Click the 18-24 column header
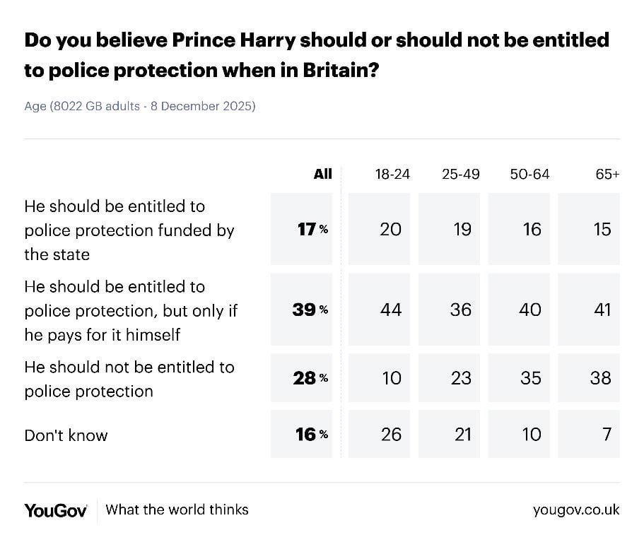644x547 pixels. tap(392, 174)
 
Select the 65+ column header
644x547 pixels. tap(607, 174)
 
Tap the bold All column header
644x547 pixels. tap(322, 174)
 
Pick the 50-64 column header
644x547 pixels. tap(529, 174)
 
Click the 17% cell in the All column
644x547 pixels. tap(311, 229)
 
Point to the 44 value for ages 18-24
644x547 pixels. tap(391, 310)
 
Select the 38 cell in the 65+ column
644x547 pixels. tap(601, 378)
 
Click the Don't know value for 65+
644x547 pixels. tap(607, 434)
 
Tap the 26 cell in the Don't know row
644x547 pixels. tap(391, 434)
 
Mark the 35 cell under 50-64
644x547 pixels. tap(531, 378)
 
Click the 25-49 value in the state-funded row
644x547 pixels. tap(461, 229)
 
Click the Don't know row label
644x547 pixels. tap(66, 435)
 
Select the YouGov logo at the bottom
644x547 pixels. tap(56, 510)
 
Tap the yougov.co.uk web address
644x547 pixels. tap(576, 510)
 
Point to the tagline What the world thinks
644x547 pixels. tap(177, 510)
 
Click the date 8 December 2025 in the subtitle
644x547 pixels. tap(203, 107)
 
